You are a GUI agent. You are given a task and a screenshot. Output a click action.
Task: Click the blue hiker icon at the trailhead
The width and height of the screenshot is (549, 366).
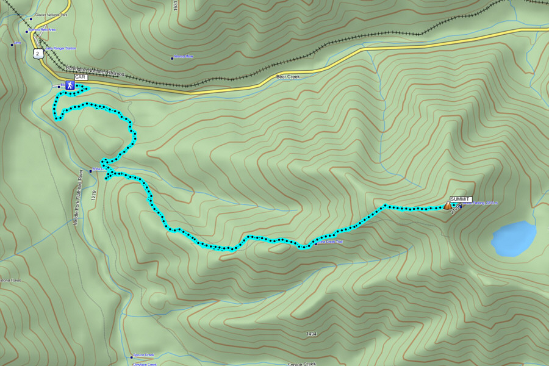click(x=70, y=85)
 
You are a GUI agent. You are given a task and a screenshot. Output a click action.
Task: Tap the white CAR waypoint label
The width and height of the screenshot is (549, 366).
click(x=81, y=77)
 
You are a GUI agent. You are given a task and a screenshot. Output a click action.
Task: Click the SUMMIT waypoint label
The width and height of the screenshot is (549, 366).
click(x=461, y=199)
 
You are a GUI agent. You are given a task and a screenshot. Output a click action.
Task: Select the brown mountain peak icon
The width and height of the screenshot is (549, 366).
click(x=448, y=206)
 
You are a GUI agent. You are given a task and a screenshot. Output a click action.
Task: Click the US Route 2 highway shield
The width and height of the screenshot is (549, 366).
click(x=38, y=54)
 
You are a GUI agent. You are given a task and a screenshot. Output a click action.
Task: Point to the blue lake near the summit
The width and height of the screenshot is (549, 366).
click(x=514, y=238)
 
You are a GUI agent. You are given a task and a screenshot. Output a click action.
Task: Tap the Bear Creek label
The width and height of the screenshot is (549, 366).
click(x=289, y=77)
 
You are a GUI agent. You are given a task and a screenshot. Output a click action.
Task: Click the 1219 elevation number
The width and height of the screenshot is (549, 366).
click(x=93, y=196)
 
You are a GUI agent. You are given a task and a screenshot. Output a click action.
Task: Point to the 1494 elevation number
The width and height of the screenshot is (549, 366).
click(x=312, y=334)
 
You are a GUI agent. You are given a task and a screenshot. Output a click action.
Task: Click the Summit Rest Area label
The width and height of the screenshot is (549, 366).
click(x=43, y=30)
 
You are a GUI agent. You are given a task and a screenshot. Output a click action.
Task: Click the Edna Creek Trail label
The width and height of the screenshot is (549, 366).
click(x=330, y=242)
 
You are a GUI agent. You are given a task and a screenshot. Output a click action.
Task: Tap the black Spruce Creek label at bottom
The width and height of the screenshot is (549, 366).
click(x=302, y=364)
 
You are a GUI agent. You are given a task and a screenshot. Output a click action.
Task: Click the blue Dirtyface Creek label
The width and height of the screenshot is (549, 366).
click(x=145, y=364)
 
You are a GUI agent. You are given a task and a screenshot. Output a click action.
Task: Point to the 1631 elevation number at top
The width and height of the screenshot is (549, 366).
click(x=176, y=5)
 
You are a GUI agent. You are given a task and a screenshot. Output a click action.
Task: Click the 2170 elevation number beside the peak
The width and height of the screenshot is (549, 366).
click(x=455, y=213)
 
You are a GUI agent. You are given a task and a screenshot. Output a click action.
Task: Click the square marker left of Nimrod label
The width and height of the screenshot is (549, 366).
click(x=172, y=59)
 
